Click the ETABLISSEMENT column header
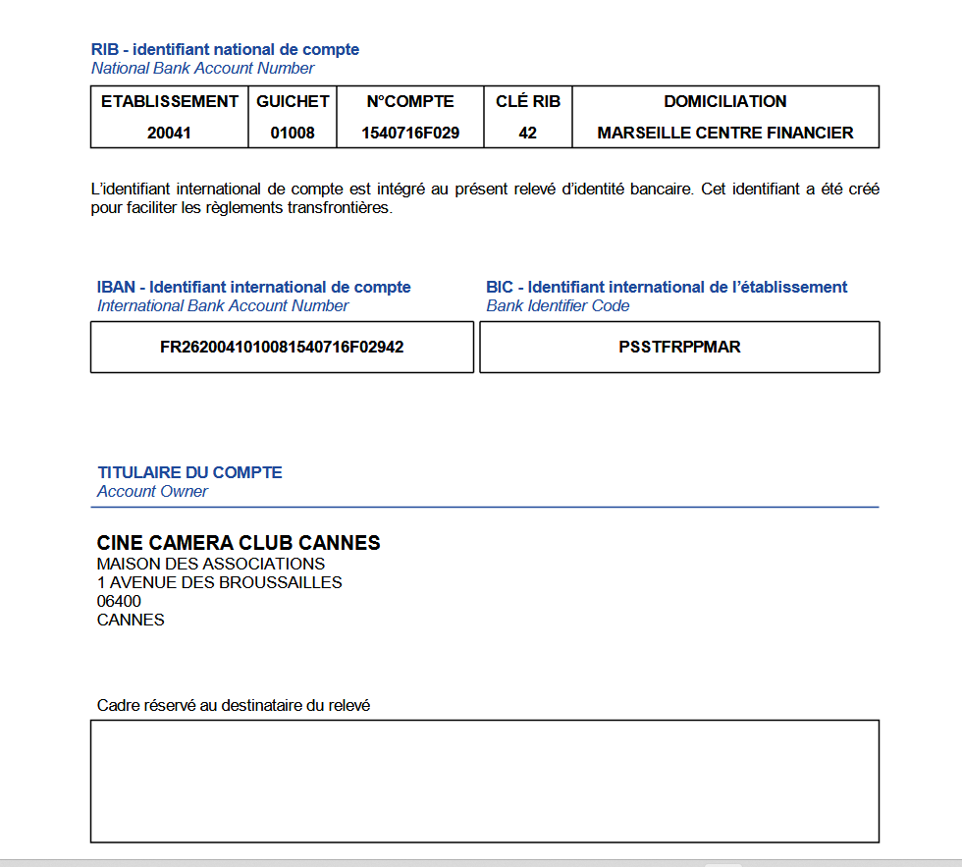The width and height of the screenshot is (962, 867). tap(170, 101)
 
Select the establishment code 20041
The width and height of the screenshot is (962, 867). tap(169, 133)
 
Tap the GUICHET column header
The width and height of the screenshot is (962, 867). tap(294, 101)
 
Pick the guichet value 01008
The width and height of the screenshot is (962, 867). tap(294, 133)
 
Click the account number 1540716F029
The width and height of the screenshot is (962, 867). tap(410, 133)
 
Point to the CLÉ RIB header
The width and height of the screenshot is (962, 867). tap(528, 101)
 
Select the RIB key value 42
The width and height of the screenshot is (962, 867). tap(528, 133)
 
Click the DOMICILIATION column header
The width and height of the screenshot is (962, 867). tap(725, 101)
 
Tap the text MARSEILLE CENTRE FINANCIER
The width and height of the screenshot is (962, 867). tap(725, 133)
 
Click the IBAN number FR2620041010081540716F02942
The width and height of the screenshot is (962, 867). tap(282, 347)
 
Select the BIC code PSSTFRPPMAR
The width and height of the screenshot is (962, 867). tap(679, 347)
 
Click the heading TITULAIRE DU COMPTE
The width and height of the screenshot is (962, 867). tap(189, 472)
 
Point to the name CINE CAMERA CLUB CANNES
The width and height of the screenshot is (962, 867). tap(239, 543)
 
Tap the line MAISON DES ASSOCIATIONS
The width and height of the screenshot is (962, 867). tap(211, 564)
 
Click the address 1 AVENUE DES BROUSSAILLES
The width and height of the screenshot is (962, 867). tap(220, 582)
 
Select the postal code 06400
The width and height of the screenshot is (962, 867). tap(119, 601)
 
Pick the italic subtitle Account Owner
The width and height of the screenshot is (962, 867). tap(152, 491)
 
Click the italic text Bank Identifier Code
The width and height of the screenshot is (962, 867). tap(558, 305)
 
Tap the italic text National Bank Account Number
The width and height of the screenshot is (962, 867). tap(202, 68)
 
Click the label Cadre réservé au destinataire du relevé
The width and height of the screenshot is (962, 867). tap(234, 705)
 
